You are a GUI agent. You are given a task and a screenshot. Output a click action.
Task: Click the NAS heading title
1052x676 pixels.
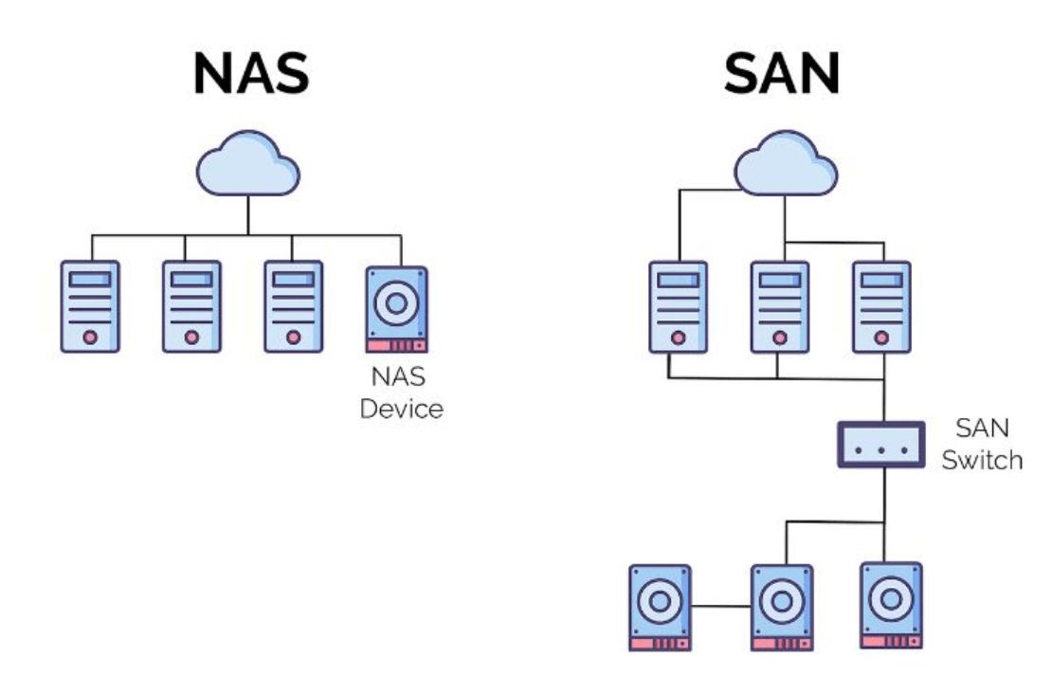point(250,73)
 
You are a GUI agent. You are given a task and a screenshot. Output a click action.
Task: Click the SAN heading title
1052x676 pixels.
point(781,73)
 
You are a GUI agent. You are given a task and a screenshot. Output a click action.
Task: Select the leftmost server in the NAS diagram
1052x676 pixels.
point(90,306)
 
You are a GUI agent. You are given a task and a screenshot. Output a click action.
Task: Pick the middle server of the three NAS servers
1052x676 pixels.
point(192,306)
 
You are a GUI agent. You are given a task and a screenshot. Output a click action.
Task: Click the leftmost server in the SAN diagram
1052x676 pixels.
point(678,306)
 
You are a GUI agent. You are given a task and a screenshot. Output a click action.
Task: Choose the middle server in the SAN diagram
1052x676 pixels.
point(780,306)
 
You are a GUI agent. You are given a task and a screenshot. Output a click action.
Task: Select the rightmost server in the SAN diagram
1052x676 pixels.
point(881,306)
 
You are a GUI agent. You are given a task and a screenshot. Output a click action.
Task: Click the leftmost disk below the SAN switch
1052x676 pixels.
point(660,607)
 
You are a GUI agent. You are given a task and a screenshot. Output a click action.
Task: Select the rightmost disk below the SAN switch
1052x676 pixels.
point(891,604)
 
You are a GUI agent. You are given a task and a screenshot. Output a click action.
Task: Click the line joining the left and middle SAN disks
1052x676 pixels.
point(720,606)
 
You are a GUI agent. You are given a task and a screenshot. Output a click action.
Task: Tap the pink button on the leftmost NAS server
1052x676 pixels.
point(90,336)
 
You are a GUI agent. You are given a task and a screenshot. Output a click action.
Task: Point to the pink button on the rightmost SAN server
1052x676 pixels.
point(881,336)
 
